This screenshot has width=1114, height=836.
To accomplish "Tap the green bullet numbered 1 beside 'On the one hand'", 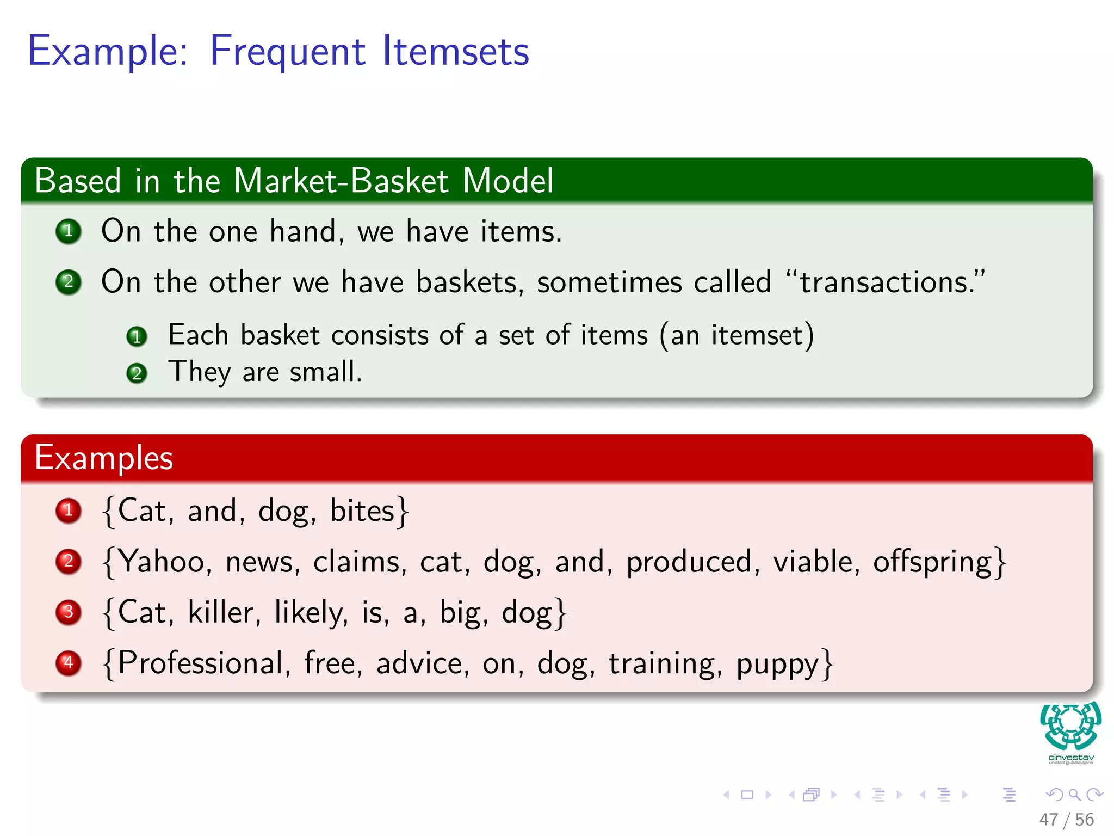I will (69, 231).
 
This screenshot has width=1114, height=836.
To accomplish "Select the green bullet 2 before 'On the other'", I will (69, 282).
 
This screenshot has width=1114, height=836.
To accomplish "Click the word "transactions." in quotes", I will (886, 282).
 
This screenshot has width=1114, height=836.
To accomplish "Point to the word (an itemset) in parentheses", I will (737, 335).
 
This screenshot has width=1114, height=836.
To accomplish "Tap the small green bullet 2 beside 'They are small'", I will (137, 374).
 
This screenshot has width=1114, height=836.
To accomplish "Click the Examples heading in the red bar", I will (104, 458).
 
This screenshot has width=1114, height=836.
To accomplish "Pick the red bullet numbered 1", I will (69, 511).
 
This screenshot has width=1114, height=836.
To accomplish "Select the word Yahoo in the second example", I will (161, 562).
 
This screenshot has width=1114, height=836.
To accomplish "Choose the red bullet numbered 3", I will (69, 612).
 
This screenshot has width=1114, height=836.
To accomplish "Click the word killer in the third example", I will (221, 612).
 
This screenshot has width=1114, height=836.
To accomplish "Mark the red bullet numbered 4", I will (69, 663).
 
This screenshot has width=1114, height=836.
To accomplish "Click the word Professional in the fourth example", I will (200, 663).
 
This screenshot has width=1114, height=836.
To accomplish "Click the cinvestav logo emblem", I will (1070, 727).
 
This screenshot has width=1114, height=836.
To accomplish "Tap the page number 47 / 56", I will (1066, 820).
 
